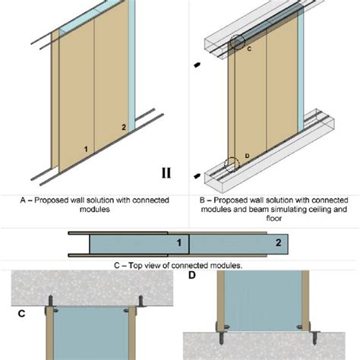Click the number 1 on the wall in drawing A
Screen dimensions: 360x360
click(x=86, y=149)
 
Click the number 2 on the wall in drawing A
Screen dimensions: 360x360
click(x=124, y=127)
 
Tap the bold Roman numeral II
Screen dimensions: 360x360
click(x=166, y=173)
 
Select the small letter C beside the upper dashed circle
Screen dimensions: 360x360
click(x=249, y=49)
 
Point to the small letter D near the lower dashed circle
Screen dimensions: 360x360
click(x=248, y=156)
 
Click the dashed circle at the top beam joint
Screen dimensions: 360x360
click(x=237, y=35)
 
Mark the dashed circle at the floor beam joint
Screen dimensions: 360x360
click(x=224, y=165)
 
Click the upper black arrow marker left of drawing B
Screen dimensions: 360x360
click(x=197, y=65)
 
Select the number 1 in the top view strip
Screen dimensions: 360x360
click(x=179, y=243)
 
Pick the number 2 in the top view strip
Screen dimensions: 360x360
click(x=279, y=243)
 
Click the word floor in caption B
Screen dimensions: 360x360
click(x=274, y=218)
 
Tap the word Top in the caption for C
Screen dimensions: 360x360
click(x=135, y=265)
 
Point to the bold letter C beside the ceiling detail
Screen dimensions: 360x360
click(x=21, y=314)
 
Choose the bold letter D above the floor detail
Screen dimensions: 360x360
click(x=192, y=275)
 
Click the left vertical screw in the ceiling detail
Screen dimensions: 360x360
click(x=51, y=301)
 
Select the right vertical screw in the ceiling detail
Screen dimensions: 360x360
click(x=141, y=301)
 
